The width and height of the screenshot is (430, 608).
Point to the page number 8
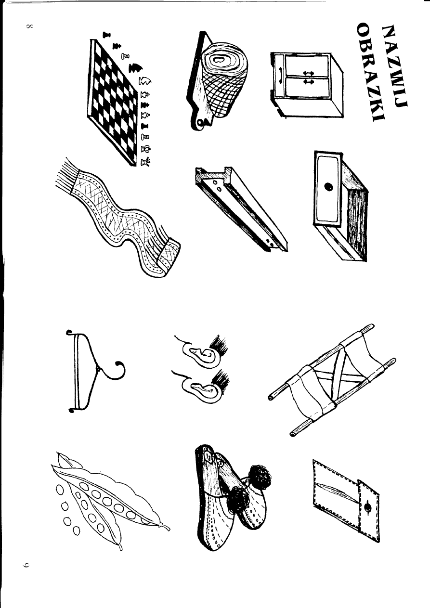pos(30,27)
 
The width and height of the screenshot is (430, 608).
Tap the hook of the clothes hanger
pos(117,371)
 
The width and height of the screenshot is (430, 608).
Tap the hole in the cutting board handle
pos(199,125)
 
